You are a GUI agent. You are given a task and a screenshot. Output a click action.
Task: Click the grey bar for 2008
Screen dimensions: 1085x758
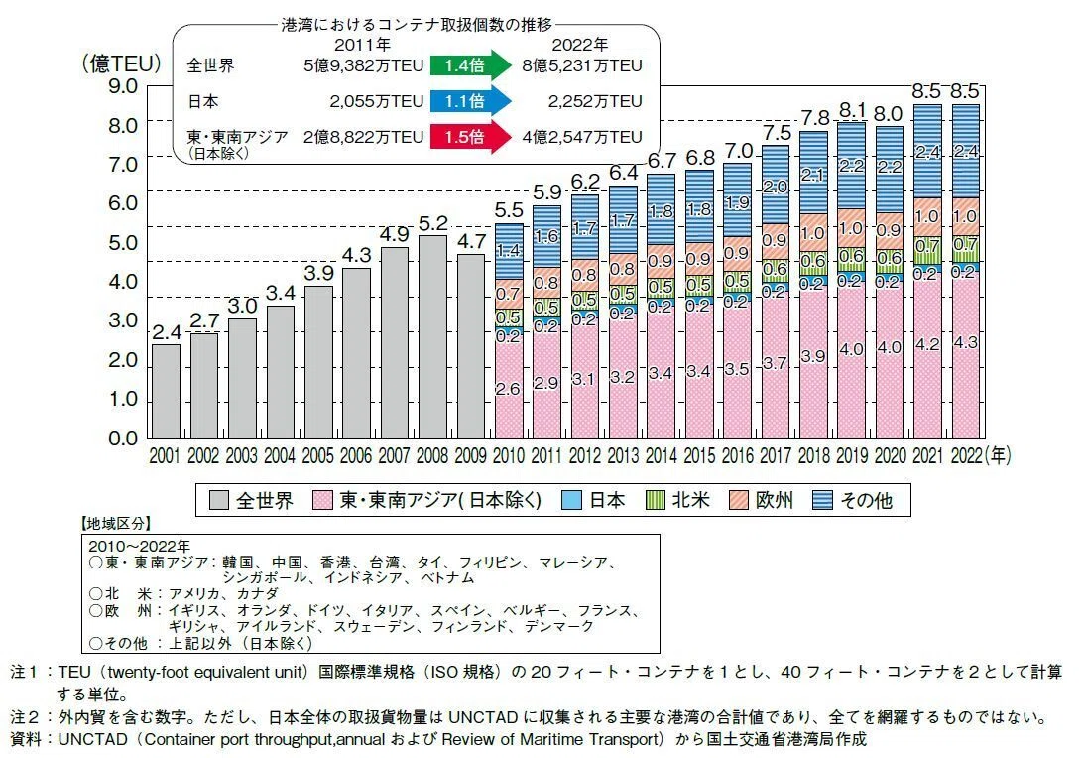coord(432,336)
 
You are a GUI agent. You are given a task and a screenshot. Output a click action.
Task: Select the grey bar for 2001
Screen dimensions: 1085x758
coord(166,391)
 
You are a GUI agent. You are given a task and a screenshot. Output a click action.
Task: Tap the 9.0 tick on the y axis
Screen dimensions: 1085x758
coord(123,86)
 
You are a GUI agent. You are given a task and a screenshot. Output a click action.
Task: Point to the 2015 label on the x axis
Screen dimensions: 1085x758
coord(699,455)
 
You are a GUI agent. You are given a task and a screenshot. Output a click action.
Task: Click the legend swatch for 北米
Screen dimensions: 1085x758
coord(655,500)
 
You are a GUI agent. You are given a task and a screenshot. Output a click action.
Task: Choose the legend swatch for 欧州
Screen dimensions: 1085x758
coord(738,500)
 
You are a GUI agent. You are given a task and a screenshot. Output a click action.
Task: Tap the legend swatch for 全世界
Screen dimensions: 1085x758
coord(218,500)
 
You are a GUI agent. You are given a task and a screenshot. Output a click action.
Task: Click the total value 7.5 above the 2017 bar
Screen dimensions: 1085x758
coord(777,132)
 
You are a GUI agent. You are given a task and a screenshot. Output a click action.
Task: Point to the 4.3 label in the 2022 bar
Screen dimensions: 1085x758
coord(965,342)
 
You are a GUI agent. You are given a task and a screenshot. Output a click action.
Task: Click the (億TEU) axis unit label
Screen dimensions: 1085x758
coord(122,63)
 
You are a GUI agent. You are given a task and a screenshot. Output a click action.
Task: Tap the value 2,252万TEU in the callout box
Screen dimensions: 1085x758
coord(595,101)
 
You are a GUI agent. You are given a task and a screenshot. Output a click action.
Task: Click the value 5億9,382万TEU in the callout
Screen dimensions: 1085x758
coord(363,65)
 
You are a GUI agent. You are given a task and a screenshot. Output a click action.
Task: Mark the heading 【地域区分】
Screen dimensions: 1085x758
coord(116,523)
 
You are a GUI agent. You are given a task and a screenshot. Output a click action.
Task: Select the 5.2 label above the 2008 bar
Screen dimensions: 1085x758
coord(433,223)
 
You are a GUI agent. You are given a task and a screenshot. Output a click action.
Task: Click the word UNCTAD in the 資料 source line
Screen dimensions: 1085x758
coord(92,739)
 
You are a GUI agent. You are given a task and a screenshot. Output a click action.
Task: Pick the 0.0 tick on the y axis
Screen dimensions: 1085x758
coord(123,439)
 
